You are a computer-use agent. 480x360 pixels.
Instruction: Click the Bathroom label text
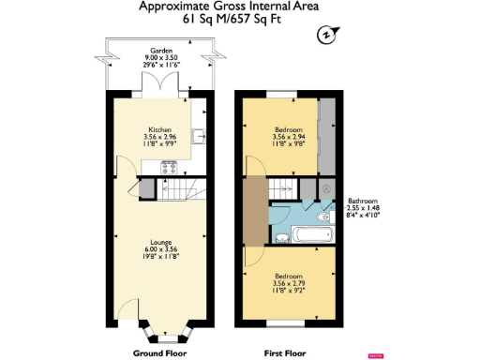coord(363,200)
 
